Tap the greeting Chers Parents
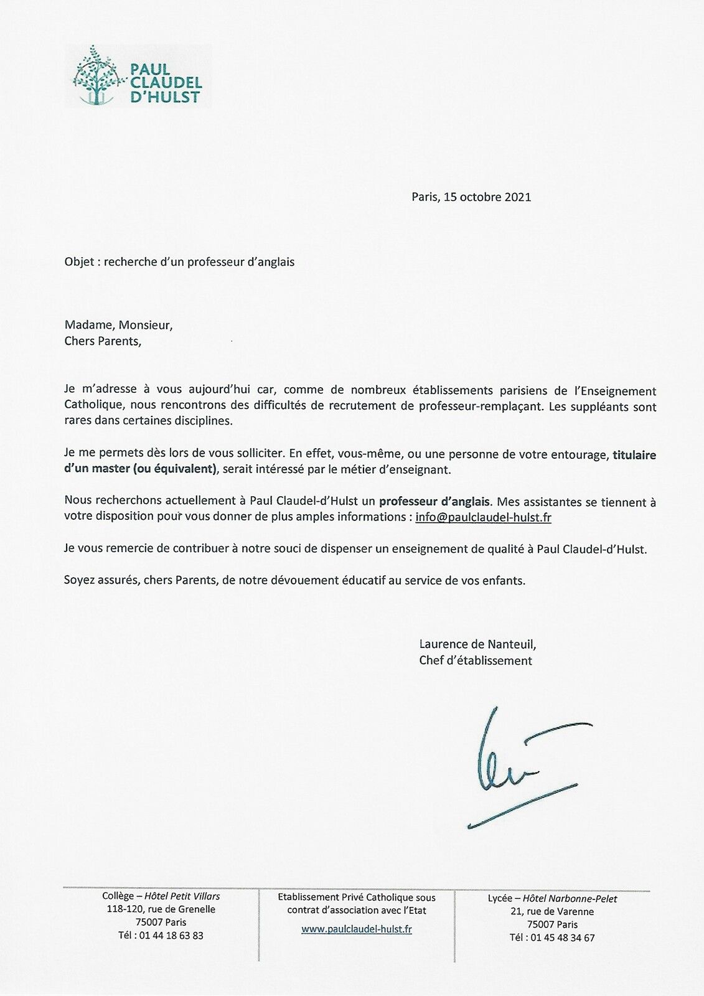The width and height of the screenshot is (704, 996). coord(103,341)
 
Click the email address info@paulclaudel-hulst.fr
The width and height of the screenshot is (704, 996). coord(484,517)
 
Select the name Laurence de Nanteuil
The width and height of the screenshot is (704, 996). coord(477,644)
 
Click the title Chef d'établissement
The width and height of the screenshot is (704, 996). coord(476,660)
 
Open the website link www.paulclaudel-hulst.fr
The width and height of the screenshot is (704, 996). coord(356,929)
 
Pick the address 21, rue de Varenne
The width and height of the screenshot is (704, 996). coord(551,911)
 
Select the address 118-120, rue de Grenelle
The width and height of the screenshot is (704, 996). coord(161,909)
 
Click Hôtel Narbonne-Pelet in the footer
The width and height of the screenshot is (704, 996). coord(570,898)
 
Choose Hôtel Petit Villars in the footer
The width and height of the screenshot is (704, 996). coord(182,896)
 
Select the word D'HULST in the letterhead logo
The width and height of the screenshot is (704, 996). coord(165,97)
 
